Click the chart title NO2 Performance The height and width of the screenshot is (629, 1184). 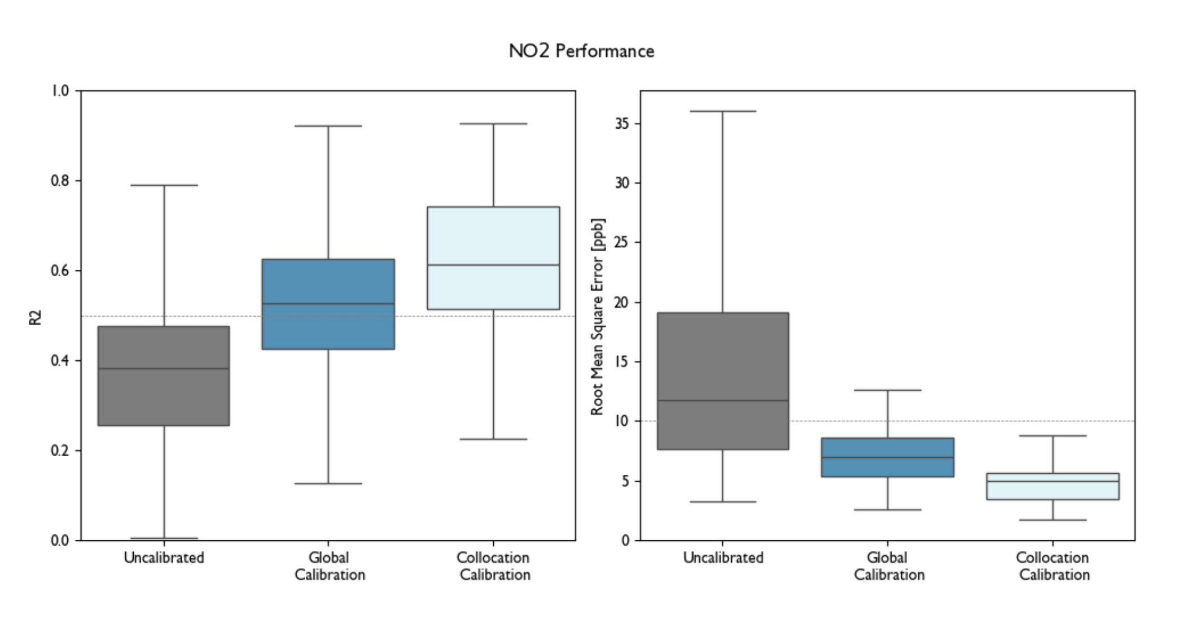click(581, 51)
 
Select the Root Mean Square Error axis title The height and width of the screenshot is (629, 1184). click(598, 317)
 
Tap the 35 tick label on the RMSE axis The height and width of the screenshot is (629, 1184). click(622, 124)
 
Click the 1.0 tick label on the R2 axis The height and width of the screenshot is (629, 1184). click(59, 91)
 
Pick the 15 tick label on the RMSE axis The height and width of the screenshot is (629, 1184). click(622, 362)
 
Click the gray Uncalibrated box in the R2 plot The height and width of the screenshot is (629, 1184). click(164, 395)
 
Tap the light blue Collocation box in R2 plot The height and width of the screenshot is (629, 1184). click(493, 237)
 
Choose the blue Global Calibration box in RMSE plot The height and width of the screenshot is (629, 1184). click(888, 449)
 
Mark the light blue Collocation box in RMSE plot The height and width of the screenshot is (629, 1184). click(1053, 491)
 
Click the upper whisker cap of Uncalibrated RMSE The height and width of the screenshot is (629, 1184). click(723, 111)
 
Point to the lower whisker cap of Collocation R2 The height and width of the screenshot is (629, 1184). click(493, 439)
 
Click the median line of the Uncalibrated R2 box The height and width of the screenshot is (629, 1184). click(164, 369)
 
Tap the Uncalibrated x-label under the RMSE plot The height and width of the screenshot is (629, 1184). click(723, 558)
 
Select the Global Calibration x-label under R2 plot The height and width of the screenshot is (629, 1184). click(330, 566)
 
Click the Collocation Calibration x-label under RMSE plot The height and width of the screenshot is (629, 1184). click(1053, 566)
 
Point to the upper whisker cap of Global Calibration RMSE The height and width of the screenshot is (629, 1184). click(888, 390)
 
